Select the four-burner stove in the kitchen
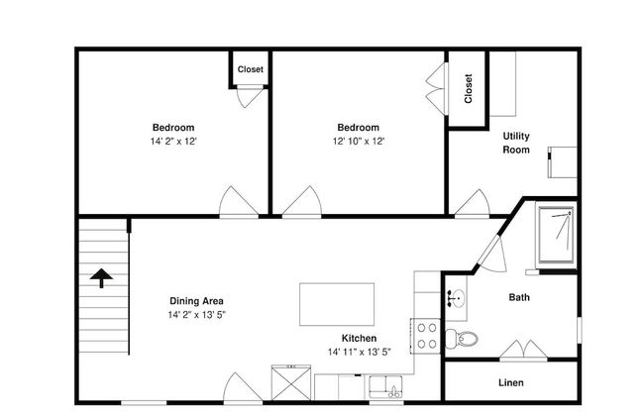point(426,335)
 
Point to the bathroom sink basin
point(457,295)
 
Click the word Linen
point(510,382)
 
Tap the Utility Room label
point(516,143)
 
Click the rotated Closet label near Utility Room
point(469,89)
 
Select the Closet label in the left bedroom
point(250,69)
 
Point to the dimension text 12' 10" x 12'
point(358,142)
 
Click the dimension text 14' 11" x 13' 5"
point(359,352)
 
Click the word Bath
point(519,297)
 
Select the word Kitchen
point(359,338)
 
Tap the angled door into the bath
point(492,253)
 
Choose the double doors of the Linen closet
point(522,350)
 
